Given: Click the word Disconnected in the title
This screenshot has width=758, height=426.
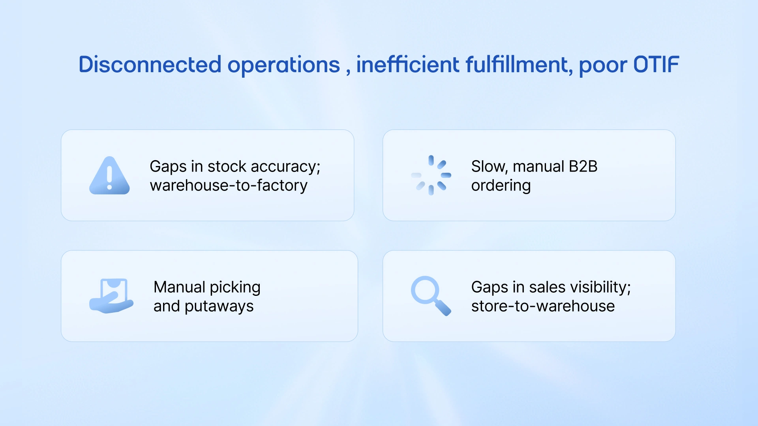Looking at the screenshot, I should click(150, 65).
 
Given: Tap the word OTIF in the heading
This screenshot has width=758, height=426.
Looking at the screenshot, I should click(656, 65).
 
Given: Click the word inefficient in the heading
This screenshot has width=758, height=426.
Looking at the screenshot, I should click(408, 65).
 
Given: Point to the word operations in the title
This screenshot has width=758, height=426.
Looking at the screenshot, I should click(283, 65).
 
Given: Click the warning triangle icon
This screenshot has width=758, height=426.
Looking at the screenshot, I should click(109, 176).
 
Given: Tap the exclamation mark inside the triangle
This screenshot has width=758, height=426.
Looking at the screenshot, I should click(109, 177).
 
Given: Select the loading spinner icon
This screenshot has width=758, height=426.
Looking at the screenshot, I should click(431, 175).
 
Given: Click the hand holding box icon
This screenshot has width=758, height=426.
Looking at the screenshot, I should click(111, 296).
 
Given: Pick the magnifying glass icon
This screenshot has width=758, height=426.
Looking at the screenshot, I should click(430, 295).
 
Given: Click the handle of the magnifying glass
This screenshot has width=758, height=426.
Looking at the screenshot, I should click(443, 308).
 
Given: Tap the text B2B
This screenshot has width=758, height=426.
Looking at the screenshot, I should click(583, 166).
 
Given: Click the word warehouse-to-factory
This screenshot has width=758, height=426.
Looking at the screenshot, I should click(229, 185).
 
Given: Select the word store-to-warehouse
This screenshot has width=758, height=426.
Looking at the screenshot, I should click(543, 306).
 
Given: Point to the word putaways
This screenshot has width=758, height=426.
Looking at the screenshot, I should click(219, 306).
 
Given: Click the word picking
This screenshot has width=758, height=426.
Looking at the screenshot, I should click(235, 288).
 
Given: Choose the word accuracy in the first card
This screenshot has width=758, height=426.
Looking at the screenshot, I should click(285, 167).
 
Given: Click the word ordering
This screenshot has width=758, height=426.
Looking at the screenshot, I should click(501, 186).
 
